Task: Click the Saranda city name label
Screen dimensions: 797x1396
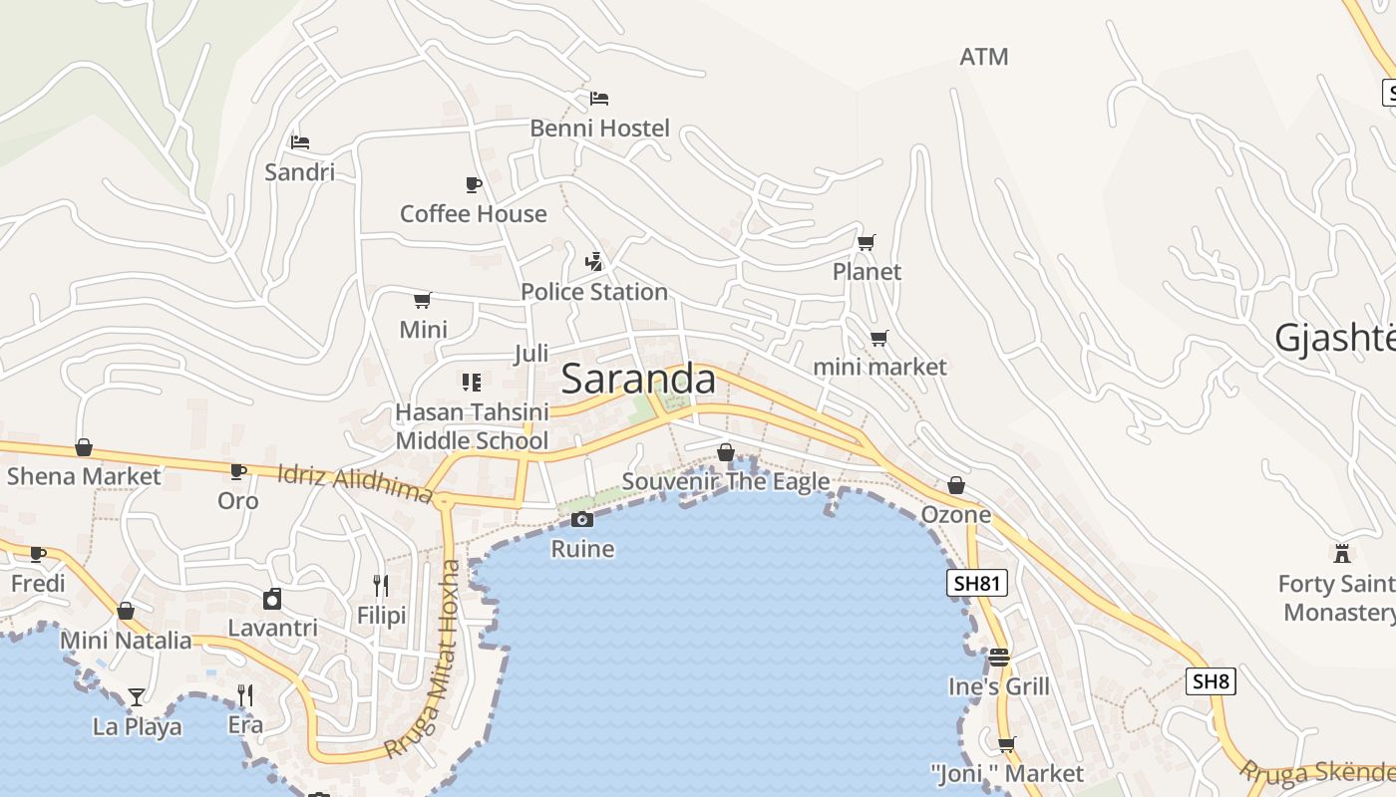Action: click(638, 380)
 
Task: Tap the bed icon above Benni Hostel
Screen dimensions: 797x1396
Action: click(598, 98)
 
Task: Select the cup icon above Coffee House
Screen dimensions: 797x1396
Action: click(474, 184)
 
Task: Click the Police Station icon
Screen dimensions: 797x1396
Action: click(594, 262)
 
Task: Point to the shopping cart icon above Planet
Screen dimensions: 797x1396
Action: click(866, 242)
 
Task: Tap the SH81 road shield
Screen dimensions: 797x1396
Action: click(976, 583)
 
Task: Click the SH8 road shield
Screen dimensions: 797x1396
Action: click(1211, 681)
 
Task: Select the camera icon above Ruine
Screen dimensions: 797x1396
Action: click(582, 519)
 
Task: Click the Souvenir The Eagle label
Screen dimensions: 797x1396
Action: click(726, 482)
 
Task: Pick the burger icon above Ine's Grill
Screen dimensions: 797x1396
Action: click(999, 658)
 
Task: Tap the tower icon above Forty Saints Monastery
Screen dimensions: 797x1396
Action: click(1342, 553)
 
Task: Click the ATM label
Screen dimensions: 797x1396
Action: click(983, 57)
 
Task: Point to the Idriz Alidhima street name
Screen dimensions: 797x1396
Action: click(355, 483)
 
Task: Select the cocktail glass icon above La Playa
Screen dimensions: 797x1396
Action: click(137, 696)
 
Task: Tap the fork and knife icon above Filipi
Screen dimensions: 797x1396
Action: click(381, 585)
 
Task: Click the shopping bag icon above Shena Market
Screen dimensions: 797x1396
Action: click(84, 447)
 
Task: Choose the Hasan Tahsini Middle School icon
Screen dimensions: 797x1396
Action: click(472, 382)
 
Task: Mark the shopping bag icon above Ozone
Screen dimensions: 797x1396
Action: click(955, 485)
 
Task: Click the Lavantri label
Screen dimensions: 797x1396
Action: click(272, 629)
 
